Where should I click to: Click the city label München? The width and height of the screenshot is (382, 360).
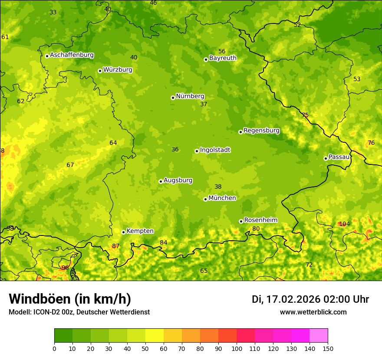(x=222, y=198)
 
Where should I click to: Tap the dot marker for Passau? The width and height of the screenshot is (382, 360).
(x=326, y=158)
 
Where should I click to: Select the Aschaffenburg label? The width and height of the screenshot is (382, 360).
(x=72, y=55)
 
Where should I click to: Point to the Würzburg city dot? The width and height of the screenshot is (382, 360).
(x=100, y=71)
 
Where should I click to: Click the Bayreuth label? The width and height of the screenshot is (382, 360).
(x=223, y=58)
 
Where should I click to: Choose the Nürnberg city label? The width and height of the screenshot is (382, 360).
(x=190, y=96)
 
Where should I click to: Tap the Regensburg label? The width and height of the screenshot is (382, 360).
(x=261, y=131)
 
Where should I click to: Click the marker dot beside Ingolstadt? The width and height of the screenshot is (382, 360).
(x=197, y=151)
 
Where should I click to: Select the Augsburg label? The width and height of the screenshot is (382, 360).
(x=178, y=180)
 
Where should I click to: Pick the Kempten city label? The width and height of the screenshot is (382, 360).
(x=140, y=231)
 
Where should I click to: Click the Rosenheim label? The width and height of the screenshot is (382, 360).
(x=260, y=220)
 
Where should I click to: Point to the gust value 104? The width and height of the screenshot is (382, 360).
(x=344, y=224)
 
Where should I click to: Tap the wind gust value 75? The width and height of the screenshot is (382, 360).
(x=305, y=115)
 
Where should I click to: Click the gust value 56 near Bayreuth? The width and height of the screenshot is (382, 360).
(x=222, y=51)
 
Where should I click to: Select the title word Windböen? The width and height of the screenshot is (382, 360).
(x=40, y=299)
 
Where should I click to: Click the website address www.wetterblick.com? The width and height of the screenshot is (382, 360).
(x=313, y=312)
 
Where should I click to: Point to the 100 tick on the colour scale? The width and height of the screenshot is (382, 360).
(x=237, y=348)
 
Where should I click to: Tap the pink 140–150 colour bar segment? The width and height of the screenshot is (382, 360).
(x=319, y=336)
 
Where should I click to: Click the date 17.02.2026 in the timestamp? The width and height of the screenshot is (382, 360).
(x=293, y=299)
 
